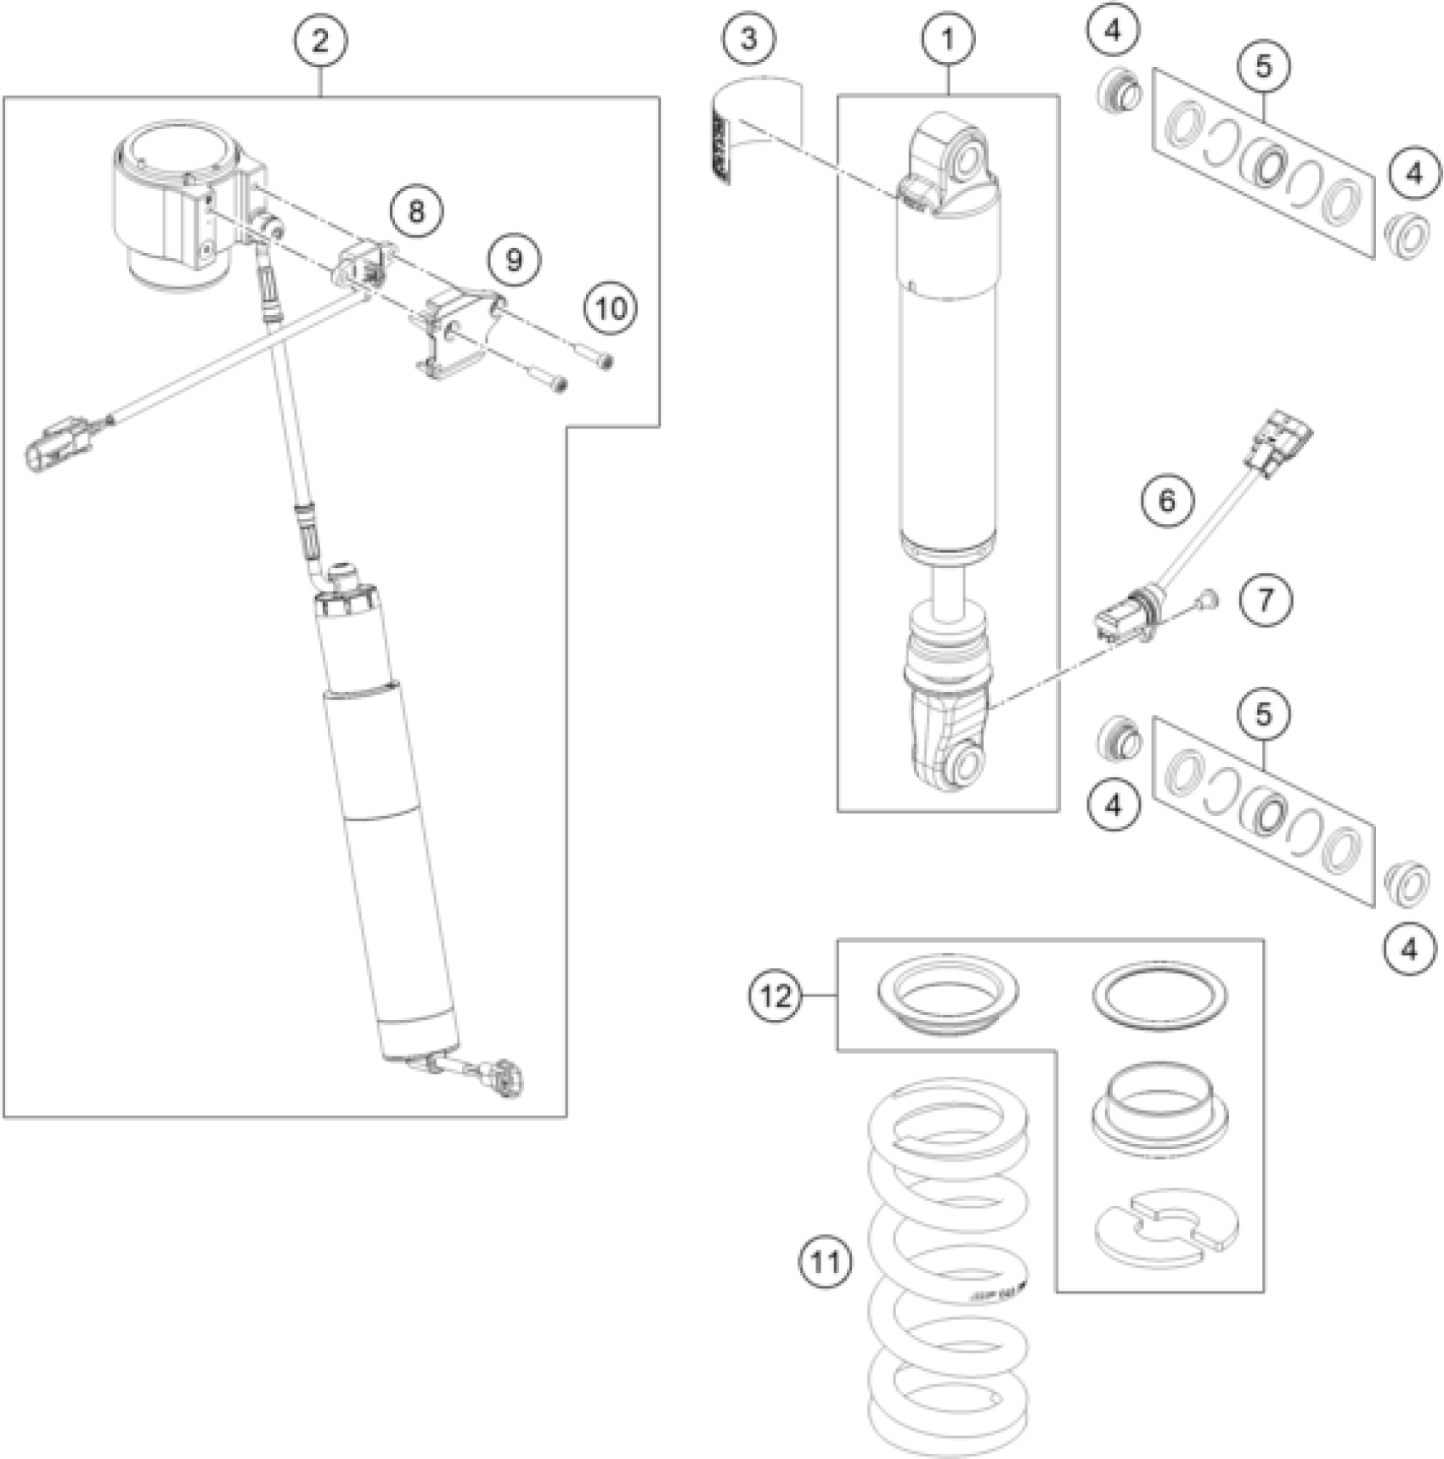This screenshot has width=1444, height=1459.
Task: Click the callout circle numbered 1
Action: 948,39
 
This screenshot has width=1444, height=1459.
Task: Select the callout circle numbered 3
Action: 748,39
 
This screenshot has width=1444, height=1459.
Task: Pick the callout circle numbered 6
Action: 1167,501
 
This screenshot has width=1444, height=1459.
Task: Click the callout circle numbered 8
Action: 416,211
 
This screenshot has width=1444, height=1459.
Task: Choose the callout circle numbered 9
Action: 514,259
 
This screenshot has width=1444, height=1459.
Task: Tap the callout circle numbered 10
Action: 611,308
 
